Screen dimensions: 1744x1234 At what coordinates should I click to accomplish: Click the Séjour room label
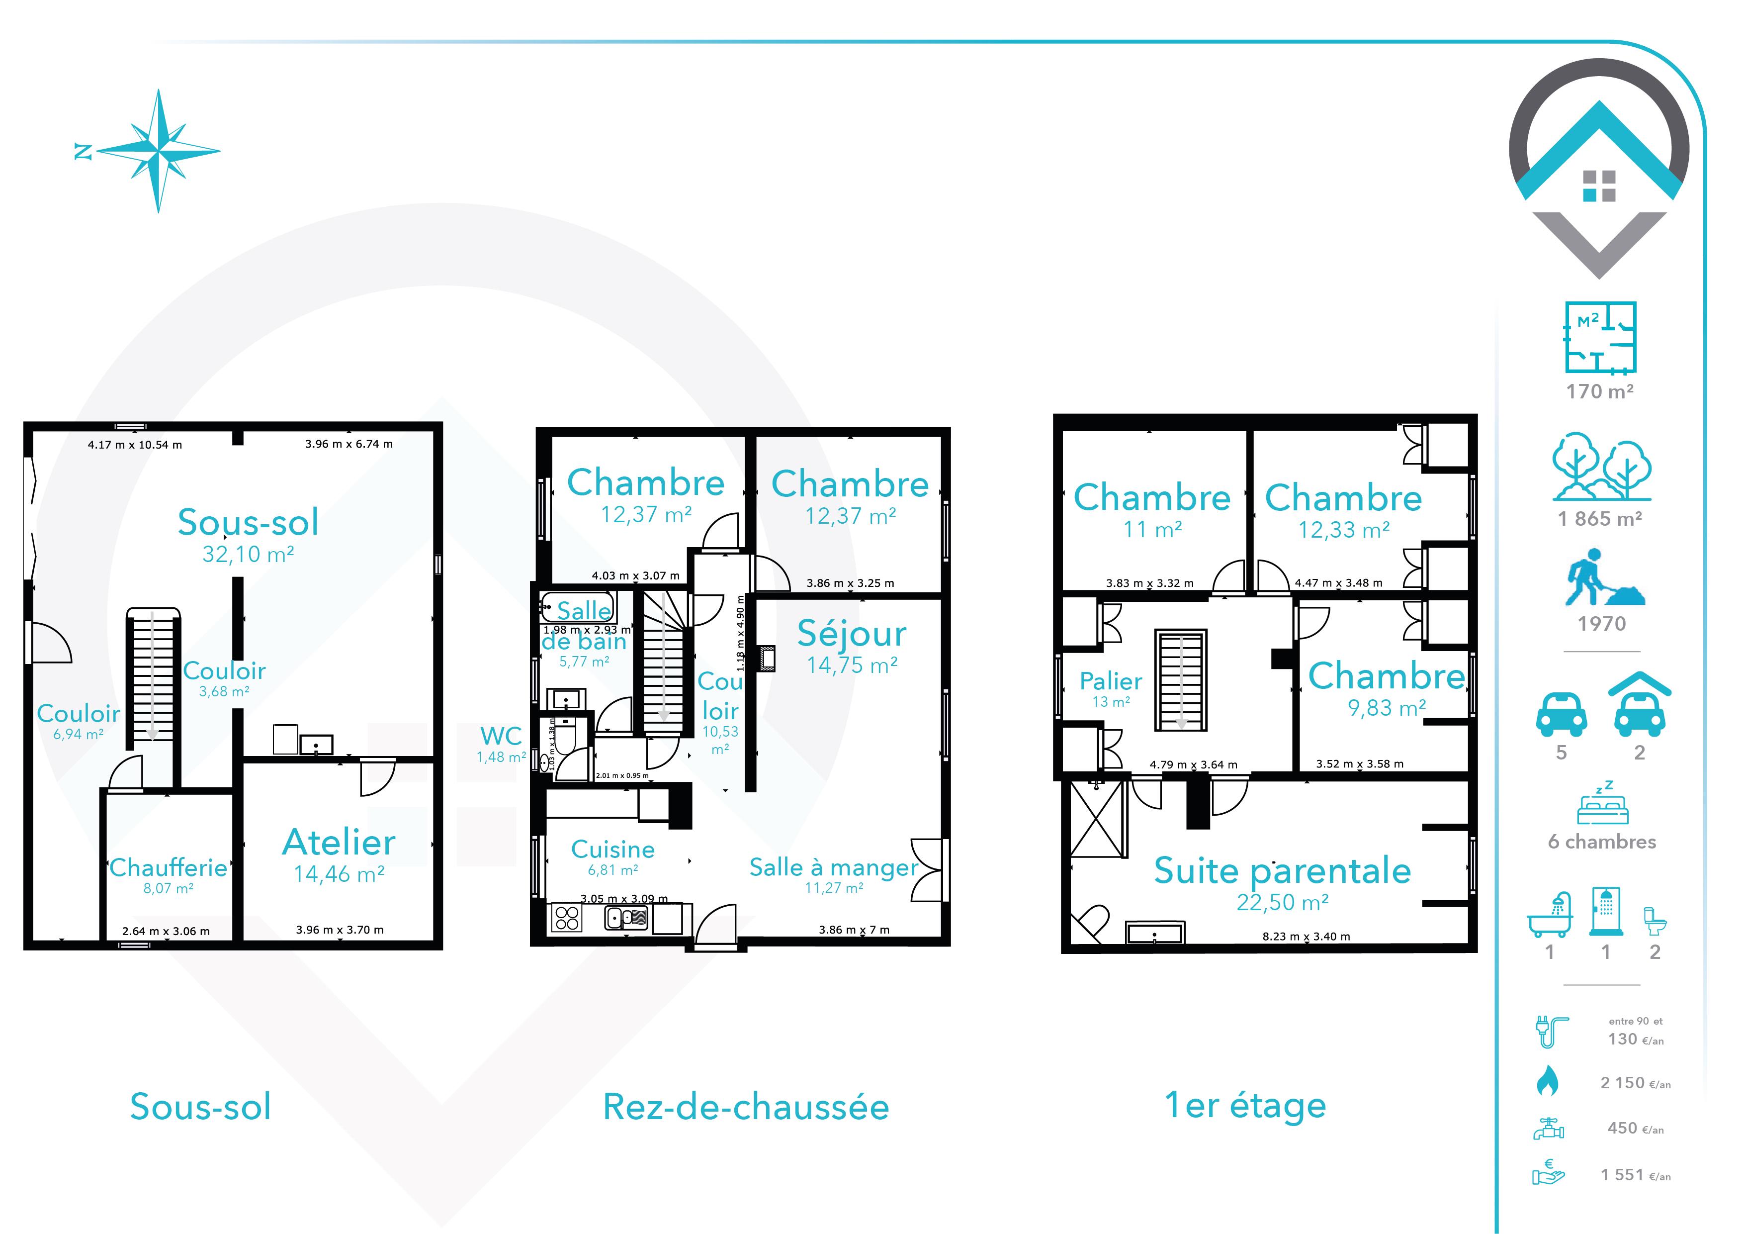point(852,634)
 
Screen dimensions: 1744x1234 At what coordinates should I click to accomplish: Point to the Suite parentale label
point(1282,871)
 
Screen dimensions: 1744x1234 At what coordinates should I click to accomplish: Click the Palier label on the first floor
point(1111,681)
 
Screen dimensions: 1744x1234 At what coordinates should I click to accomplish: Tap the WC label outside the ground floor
point(501,736)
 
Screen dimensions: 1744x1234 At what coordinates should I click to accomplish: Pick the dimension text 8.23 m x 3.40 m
point(1307,936)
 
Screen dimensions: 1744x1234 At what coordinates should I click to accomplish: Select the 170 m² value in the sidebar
point(1600,391)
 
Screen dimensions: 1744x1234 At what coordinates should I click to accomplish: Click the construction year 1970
point(1601,624)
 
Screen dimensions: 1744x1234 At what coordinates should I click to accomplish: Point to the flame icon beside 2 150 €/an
point(1547,1081)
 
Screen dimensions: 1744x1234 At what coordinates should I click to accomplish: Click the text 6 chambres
point(1602,842)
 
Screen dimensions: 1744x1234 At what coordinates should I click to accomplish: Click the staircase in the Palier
point(1181,680)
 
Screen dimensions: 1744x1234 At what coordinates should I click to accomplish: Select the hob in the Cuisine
point(567,918)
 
